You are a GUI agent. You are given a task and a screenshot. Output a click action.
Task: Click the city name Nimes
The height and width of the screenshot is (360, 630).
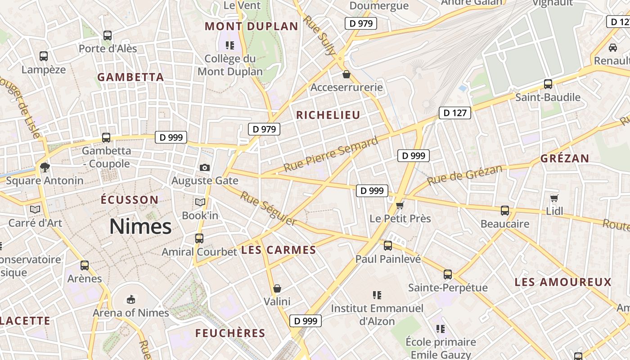point(140,226)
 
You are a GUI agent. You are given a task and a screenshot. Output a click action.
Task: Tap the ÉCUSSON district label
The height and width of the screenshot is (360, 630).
point(130,200)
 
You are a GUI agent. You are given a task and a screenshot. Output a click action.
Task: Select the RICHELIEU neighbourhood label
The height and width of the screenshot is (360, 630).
point(328,115)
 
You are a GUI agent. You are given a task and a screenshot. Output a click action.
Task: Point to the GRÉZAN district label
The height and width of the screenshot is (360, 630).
point(565,158)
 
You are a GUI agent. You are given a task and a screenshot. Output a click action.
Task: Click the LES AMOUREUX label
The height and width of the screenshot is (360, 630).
point(563,282)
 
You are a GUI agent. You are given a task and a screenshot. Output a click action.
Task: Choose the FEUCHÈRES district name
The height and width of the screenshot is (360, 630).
point(230,333)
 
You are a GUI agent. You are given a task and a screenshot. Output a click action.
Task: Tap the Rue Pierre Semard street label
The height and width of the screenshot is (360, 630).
point(331,155)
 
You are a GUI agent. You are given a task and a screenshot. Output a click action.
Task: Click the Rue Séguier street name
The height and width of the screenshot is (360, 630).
point(268,208)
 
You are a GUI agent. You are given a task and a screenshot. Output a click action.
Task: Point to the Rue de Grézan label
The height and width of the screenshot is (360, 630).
point(464,175)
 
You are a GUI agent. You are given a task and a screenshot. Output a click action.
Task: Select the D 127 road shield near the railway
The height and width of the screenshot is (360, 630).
point(454,113)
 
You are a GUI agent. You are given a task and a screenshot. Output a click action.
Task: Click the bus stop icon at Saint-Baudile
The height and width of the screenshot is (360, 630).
point(548,84)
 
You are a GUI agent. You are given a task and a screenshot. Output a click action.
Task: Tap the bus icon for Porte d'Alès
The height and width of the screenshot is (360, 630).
point(108,36)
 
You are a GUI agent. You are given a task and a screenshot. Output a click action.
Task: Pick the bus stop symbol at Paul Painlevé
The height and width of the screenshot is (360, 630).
point(387,246)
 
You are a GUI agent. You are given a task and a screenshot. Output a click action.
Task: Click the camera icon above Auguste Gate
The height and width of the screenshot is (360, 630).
point(205,167)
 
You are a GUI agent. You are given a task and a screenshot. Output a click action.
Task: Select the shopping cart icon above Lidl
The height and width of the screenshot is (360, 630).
point(554,198)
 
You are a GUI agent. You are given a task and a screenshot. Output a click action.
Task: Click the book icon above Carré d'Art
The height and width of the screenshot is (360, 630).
point(35,209)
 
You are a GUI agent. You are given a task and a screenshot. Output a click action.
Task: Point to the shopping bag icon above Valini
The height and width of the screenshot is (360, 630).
point(277,288)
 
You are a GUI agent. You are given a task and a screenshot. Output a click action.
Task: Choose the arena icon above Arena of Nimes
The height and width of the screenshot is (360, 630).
point(130,299)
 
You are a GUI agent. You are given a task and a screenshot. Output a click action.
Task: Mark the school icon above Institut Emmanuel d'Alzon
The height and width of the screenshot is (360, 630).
point(377,295)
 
